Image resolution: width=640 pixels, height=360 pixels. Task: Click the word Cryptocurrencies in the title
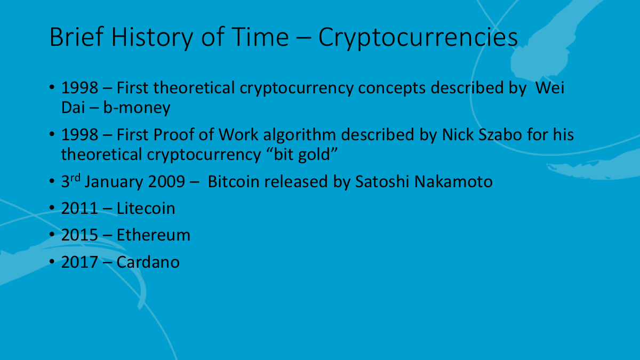pos(418,38)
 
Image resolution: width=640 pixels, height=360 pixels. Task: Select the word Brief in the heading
pos(77,37)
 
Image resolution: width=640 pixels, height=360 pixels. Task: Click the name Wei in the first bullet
pos(550,87)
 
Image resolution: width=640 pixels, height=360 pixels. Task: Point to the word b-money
pos(137,108)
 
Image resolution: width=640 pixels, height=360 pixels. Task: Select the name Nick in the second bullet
pos(458,134)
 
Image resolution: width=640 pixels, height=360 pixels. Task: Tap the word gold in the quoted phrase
pos(314,155)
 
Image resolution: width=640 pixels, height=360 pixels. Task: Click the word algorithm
pos(299,135)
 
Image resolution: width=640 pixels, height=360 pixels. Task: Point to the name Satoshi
pos(382,182)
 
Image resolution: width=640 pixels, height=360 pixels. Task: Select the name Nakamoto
pos(453,182)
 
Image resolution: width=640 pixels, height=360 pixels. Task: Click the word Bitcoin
pos(234,182)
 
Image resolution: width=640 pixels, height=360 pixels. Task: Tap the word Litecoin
pos(146,209)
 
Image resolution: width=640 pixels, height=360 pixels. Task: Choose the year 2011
pos(79,209)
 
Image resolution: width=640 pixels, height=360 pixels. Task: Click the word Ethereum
pos(154,235)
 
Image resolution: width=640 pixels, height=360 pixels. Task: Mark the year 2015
pos(79,235)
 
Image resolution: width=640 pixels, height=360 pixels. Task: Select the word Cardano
pos(148,262)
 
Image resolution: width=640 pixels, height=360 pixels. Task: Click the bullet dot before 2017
pos(52,261)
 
